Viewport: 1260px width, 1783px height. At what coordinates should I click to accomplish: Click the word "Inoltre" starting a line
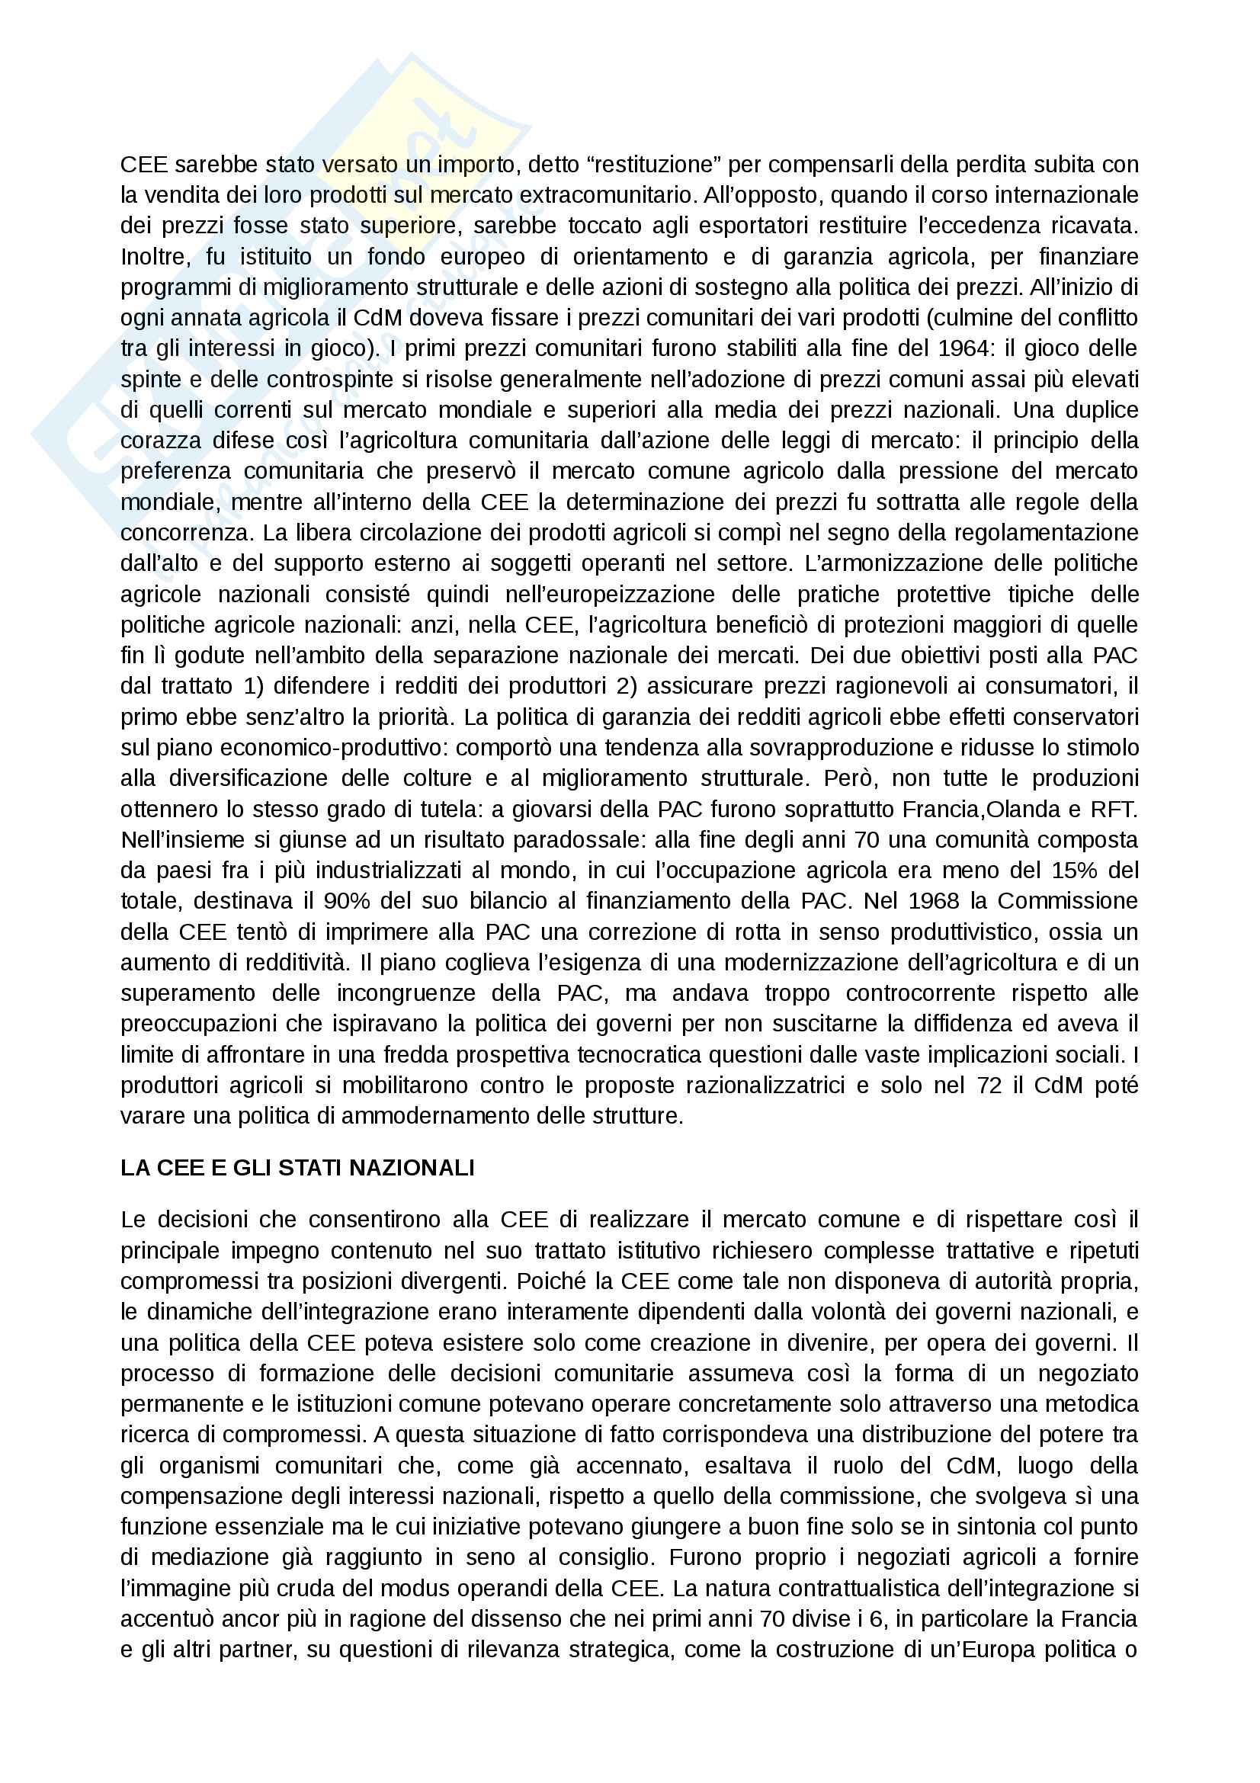pyautogui.click(x=153, y=256)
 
